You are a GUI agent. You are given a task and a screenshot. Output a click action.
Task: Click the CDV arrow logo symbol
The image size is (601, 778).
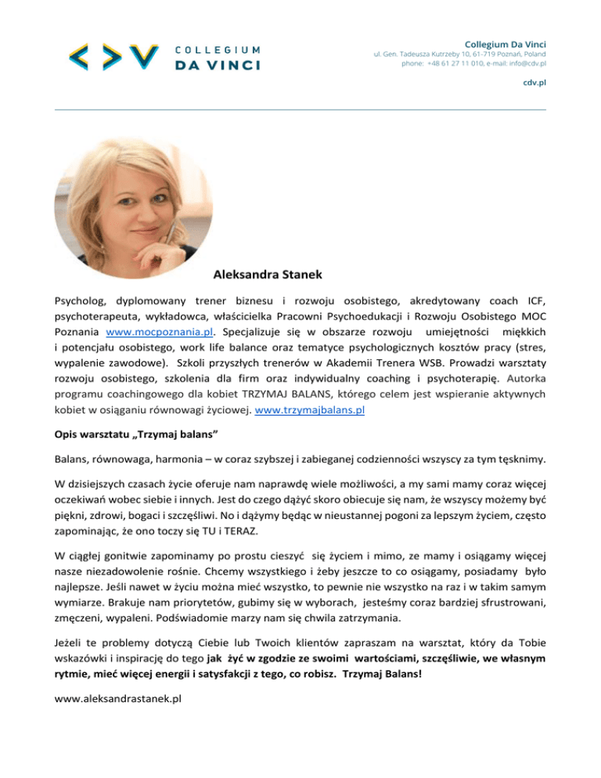coord(108,56)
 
